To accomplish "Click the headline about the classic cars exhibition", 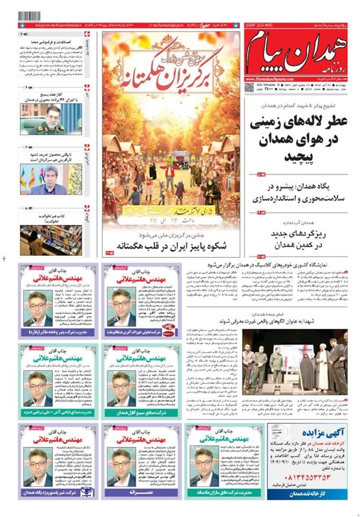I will [x=278, y=265].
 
